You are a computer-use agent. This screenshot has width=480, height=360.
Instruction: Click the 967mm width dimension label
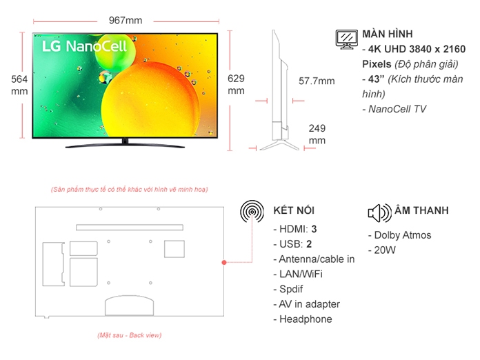[x=126, y=20]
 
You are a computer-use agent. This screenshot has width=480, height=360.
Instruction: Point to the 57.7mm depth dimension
[x=317, y=81]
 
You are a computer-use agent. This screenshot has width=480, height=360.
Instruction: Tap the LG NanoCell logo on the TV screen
[x=75, y=46]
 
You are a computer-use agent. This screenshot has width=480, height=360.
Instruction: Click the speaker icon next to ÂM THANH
[x=379, y=212]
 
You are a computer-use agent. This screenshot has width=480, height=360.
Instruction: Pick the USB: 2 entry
[x=292, y=244]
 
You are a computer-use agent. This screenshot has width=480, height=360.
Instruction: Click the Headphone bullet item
[x=303, y=319]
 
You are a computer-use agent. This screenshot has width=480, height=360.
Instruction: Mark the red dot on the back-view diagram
[x=223, y=263]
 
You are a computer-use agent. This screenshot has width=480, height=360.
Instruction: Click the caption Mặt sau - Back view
[x=129, y=335]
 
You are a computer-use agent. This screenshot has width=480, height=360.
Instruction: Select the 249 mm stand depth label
[x=317, y=134]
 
